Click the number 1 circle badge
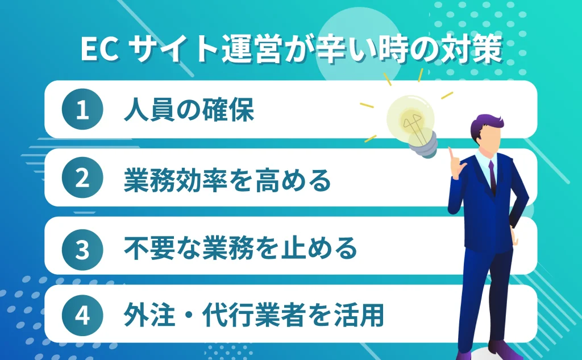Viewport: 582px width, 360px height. click(x=82, y=110)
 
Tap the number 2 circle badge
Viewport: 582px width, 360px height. click(x=82, y=179)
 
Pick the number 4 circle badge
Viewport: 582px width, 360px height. click(x=82, y=316)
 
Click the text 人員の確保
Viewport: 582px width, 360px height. click(x=189, y=110)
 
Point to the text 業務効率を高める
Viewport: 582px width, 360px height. click(x=227, y=179)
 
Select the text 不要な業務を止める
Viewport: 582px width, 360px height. click(x=240, y=248)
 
